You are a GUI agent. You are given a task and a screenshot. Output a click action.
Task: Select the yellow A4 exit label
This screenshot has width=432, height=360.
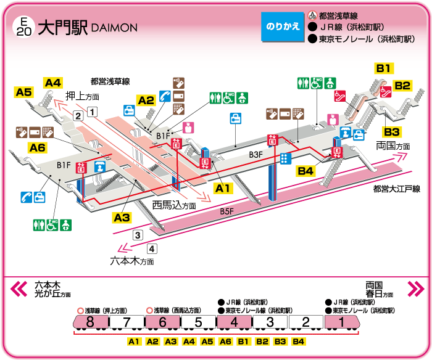[53, 83]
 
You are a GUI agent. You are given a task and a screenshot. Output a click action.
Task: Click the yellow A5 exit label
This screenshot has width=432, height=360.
[24, 92]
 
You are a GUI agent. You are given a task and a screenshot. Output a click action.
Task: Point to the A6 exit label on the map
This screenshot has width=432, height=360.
[38, 147]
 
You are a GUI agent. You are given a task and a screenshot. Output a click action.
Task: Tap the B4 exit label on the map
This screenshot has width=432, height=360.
[305, 171]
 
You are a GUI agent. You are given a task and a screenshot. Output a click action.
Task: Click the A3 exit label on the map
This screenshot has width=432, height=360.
[122, 217]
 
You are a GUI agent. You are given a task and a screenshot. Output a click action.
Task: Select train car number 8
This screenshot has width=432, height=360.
[90, 322]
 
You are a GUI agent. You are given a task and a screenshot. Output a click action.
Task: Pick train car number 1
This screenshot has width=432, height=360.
[341, 322]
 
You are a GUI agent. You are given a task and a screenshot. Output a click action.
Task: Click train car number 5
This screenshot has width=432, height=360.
[198, 322]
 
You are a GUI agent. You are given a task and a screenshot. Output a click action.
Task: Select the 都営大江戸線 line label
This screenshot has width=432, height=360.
[396, 189]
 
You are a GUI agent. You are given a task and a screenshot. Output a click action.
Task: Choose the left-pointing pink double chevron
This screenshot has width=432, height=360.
[19, 288]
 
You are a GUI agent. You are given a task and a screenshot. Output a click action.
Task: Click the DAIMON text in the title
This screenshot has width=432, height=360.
[114, 28]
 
